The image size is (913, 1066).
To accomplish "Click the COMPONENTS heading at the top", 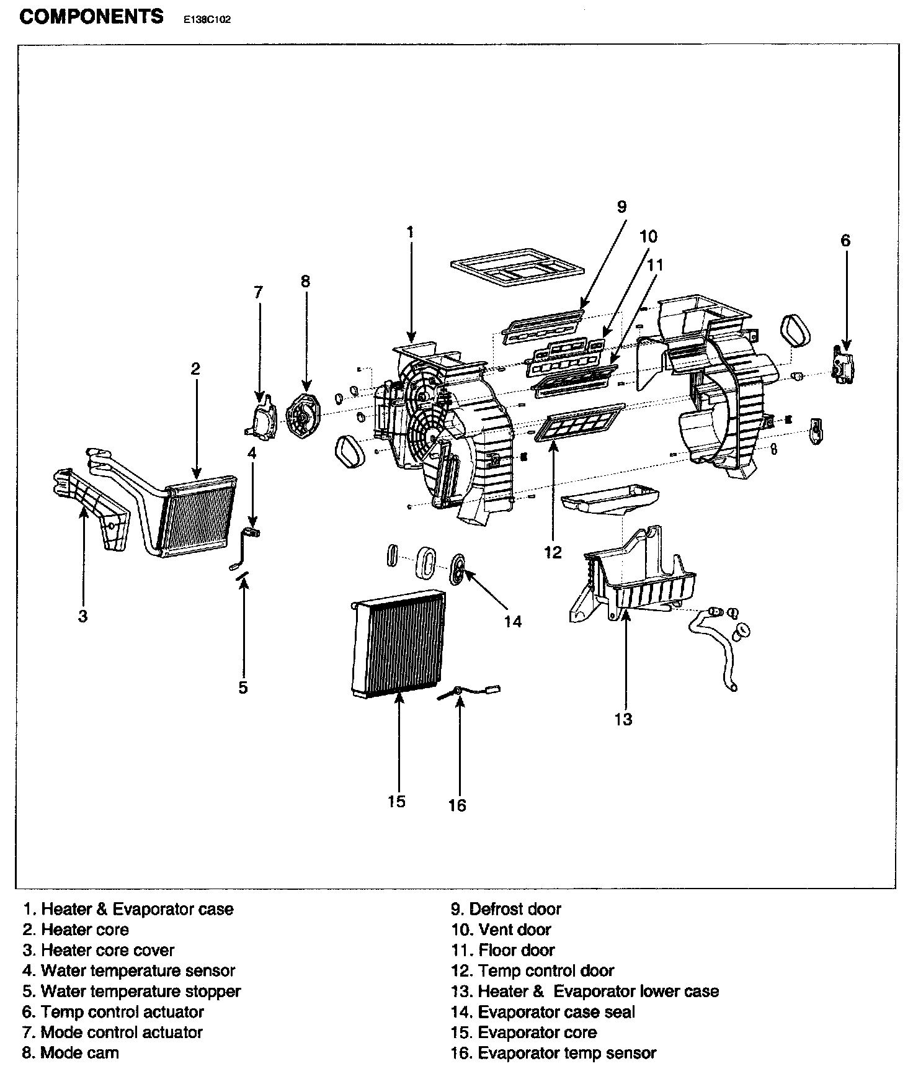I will pyautogui.click(x=92, y=16).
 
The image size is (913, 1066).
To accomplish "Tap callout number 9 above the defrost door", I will pyautogui.click(x=622, y=207).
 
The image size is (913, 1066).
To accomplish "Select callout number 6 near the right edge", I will pyautogui.click(x=845, y=240).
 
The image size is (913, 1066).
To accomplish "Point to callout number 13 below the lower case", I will pyautogui.click(x=623, y=719).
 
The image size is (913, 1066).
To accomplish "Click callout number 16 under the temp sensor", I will pyautogui.click(x=457, y=805).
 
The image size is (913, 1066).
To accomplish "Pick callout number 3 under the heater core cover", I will pyautogui.click(x=82, y=616).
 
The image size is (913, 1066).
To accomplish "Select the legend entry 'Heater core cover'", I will pyautogui.click(x=99, y=950).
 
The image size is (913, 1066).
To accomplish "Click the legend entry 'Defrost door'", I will pyautogui.click(x=506, y=909).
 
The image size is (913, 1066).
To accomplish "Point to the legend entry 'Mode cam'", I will pyautogui.click(x=71, y=1052).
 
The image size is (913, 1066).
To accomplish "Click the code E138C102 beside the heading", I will pyautogui.click(x=207, y=19).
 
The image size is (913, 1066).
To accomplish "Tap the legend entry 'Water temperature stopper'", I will pyautogui.click(x=131, y=991).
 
